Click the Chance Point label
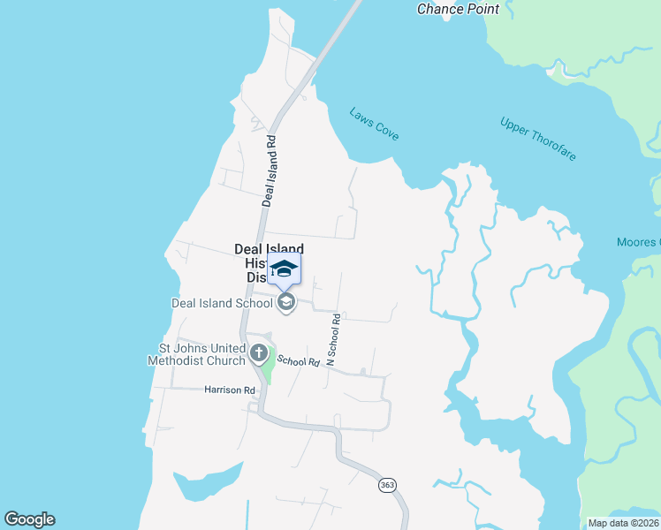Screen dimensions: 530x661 coord(458,9)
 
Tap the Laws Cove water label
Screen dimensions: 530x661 coord(374,124)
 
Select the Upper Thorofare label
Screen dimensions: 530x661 coord(538,139)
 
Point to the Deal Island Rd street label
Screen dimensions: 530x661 coord(269,170)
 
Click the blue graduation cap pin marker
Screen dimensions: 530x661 coord(285,269)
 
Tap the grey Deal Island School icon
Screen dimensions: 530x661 coord(285,303)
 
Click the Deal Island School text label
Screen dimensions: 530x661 coord(222,303)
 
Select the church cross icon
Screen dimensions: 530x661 coord(259,354)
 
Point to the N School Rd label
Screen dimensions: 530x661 coord(333,339)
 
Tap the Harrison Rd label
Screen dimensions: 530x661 coord(229,390)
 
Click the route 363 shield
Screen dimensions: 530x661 coord(387,485)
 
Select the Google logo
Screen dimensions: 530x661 coord(29,519)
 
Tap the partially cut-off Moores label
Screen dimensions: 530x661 coord(638,242)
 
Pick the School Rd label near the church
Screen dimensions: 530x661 coord(298,361)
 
